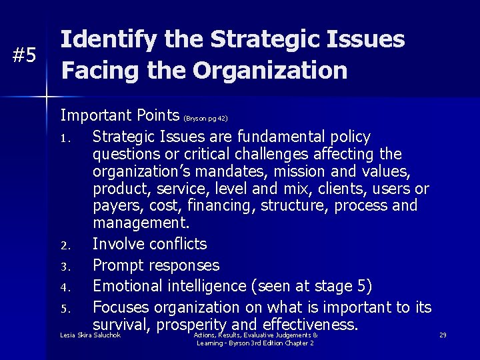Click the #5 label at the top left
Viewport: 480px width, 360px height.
click(25, 55)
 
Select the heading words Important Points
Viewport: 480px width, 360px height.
click(120, 115)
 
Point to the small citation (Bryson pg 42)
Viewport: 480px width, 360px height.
click(205, 119)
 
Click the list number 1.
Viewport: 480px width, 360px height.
click(64, 139)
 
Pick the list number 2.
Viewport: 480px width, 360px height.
click(64, 245)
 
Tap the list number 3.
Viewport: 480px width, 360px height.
click(64, 267)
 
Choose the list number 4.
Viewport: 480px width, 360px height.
click(64, 288)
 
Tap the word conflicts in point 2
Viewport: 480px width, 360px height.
click(179, 244)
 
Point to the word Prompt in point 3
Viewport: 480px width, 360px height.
click(118, 265)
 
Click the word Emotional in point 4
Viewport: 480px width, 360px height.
click(129, 287)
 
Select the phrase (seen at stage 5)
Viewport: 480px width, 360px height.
click(311, 287)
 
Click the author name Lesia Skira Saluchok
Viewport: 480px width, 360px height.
click(90, 335)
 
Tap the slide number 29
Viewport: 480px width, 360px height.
click(443, 335)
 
